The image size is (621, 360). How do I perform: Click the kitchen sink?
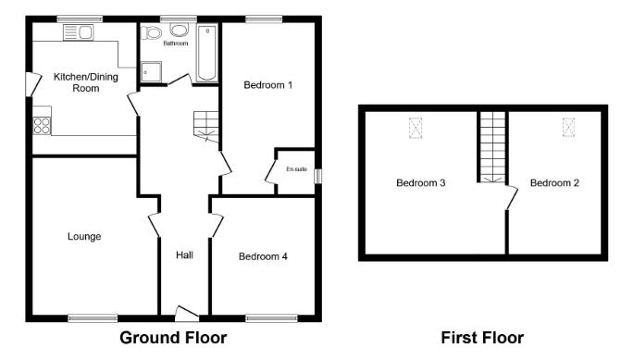pyautogui.click(x=78, y=33)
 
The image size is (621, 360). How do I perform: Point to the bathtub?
pyautogui.click(x=206, y=54)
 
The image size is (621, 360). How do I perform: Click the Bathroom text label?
pyautogui.click(x=176, y=43)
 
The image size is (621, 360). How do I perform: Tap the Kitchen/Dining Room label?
pyautogui.click(x=76, y=82)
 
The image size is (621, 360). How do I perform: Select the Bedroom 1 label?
pyautogui.click(x=268, y=85)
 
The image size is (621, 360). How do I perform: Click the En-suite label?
pyautogui.click(x=296, y=169)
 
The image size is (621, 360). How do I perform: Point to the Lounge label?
pyautogui.click(x=84, y=237)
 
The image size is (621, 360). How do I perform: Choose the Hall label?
pyautogui.click(x=184, y=254)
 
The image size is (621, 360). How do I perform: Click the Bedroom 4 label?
pyautogui.click(x=264, y=256)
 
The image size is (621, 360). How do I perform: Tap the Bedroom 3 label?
pyautogui.click(x=421, y=183)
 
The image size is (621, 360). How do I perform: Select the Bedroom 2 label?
pyautogui.click(x=554, y=183)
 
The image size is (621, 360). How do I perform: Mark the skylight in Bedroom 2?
pyautogui.click(x=567, y=128)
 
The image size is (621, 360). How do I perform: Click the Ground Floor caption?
pyautogui.click(x=173, y=338)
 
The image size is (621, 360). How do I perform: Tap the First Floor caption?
pyautogui.click(x=482, y=338)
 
